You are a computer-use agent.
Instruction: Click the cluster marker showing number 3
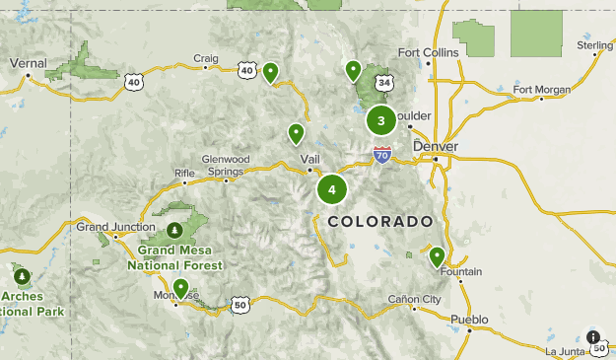tap(381, 120)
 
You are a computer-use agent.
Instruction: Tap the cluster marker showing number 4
tap(332, 189)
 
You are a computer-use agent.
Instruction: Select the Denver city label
tap(436, 146)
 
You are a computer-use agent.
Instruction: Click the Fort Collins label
tap(428, 52)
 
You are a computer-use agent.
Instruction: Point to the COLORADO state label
tap(380, 221)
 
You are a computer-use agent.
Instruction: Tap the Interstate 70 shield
tap(382, 155)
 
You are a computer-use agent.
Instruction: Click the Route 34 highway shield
tap(384, 82)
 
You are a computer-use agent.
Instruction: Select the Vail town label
tap(310, 159)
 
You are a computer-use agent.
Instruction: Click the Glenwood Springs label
tap(226, 165)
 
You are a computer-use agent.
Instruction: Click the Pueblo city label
tap(468, 319)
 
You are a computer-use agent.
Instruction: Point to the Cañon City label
tap(414, 299)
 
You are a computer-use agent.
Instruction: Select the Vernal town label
tap(28, 62)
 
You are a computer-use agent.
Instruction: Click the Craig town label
tap(205, 58)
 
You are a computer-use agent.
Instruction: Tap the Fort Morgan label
tap(542, 90)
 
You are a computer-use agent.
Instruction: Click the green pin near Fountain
tap(437, 256)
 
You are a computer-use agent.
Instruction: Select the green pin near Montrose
tap(180, 287)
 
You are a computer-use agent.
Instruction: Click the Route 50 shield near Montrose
tap(240, 305)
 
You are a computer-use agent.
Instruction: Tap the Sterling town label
tap(595, 45)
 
